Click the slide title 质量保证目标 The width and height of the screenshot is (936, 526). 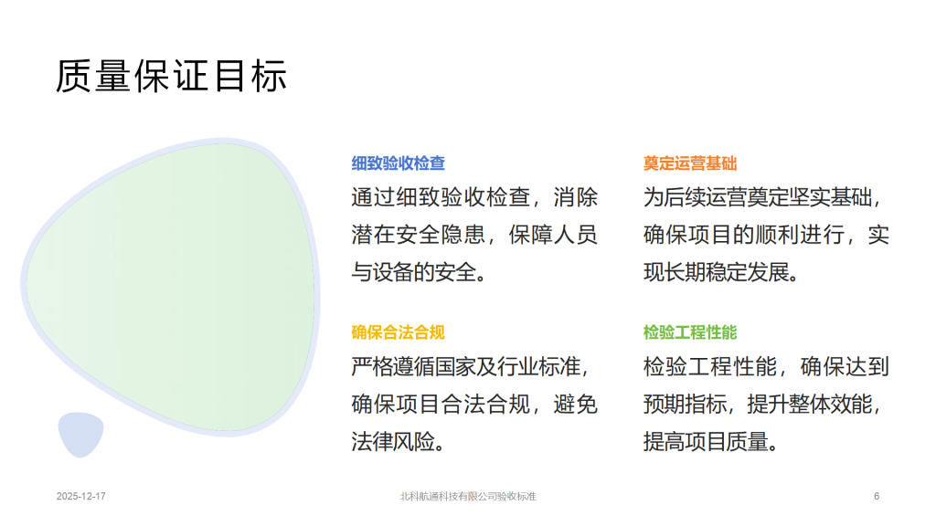pos(171,76)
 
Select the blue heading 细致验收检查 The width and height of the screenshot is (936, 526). pos(399,163)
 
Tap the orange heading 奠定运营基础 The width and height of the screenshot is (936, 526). pos(690,163)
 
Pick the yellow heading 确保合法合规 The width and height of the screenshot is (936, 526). pos(399,332)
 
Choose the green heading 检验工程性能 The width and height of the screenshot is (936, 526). pos(690,332)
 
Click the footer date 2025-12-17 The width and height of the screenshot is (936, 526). pos(81,496)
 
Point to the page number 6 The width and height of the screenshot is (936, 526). pos(877,496)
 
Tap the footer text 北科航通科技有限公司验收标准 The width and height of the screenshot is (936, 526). pos(468,496)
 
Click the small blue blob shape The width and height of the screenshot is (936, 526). pos(80,434)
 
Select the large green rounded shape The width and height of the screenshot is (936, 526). pos(170,286)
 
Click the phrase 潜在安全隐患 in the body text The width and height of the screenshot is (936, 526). pos(418,235)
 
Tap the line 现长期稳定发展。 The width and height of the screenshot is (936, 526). pos(721,272)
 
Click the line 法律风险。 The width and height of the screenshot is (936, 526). pos(398,442)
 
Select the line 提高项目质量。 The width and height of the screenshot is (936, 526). pos(710,442)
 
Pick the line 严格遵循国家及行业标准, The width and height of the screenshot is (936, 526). pos(470,366)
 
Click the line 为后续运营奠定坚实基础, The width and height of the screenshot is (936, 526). pos(762,197)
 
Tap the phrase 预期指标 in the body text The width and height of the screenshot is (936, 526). pos(685,405)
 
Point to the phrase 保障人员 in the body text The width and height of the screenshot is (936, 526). pos(553,235)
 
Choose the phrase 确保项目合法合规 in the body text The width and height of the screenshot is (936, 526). pos(441,405)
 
